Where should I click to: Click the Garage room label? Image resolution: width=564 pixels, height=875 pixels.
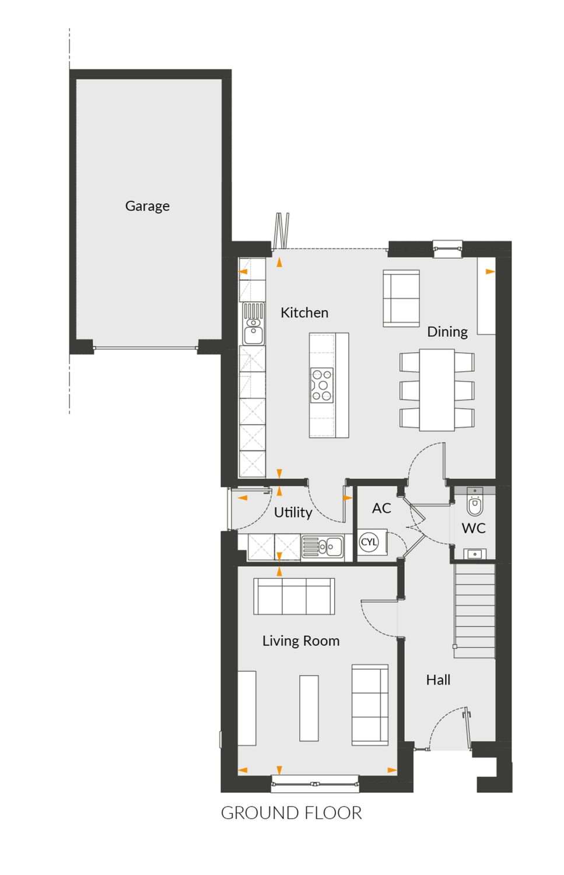click(x=147, y=206)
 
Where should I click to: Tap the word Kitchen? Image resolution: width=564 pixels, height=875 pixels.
click(x=304, y=313)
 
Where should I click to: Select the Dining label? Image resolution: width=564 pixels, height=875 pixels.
click(x=447, y=332)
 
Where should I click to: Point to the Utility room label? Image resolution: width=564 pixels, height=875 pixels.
click(x=293, y=513)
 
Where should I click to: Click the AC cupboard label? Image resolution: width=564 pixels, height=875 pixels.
click(x=381, y=508)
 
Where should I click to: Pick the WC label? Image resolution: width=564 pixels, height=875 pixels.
click(x=474, y=528)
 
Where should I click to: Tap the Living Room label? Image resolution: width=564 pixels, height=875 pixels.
click(x=301, y=640)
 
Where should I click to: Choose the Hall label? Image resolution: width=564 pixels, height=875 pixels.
click(x=438, y=680)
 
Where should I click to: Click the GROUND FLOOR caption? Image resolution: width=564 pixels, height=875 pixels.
click(x=292, y=813)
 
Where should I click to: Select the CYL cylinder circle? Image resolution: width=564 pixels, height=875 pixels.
click(x=369, y=542)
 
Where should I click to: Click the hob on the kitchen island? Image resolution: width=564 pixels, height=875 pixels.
click(x=322, y=385)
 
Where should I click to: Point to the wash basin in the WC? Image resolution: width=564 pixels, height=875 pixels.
click(x=475, y=554)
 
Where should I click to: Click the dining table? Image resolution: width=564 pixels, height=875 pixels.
click(x=437, y=390)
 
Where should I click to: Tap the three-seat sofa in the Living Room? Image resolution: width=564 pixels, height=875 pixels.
click(x=294, y=596)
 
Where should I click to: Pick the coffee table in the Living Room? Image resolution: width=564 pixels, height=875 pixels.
click(x=309, y=708)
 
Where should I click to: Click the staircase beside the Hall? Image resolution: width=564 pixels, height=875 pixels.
click(x=474, y=611)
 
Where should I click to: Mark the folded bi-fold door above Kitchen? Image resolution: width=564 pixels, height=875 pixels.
click(x=282, y=230)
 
